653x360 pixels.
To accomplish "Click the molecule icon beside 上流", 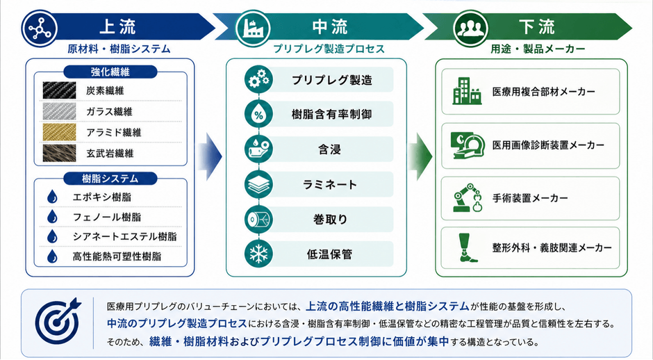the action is click(x=40, y=28).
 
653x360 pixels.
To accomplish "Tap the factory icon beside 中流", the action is click(x=253, y=28).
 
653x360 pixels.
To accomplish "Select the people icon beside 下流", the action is click(x=470, y=28).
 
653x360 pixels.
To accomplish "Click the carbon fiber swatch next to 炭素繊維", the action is click(x=59, y=90).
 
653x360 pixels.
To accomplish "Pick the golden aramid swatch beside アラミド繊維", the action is click(x=59, y=132).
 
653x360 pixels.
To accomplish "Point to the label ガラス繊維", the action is click(x=109, y=112).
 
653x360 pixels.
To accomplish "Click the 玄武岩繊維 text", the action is click(x=110, y=154).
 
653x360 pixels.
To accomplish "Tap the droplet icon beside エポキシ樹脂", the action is click(x=52, y=197).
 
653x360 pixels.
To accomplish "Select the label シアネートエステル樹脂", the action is click(x=124, y=236).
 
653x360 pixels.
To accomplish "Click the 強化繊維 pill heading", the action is click(x=110, y=72).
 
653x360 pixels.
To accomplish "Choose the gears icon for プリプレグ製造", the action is click(x=258, y=79).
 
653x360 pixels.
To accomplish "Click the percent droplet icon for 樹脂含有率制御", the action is click(x=258, y=114).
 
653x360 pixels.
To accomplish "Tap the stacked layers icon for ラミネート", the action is click(x=258, y=184).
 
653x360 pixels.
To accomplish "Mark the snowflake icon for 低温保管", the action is click(x=258, y=254).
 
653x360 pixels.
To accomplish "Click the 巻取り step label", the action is click(x=330, y=219).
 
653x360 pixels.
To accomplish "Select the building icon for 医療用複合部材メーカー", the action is click(x=467, y=91).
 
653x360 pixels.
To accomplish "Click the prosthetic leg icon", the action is click(x=467, y=247).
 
